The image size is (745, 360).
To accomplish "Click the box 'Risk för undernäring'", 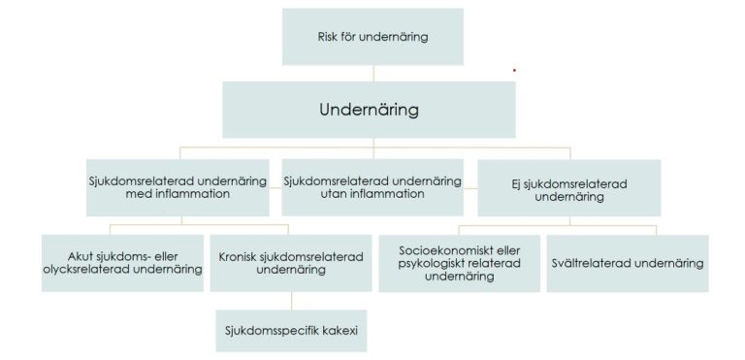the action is coord(372,38).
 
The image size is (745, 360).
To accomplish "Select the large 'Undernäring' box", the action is coord(369,109).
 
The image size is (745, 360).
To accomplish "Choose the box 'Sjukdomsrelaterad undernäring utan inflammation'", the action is coord(372,185).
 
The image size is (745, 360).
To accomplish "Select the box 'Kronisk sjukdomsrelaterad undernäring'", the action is coord(291,263).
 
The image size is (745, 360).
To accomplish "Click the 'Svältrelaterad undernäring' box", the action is coord(627,263).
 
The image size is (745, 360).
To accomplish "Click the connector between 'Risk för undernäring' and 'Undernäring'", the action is coord(372,73).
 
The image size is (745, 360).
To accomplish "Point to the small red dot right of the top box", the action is coord(514,70).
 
